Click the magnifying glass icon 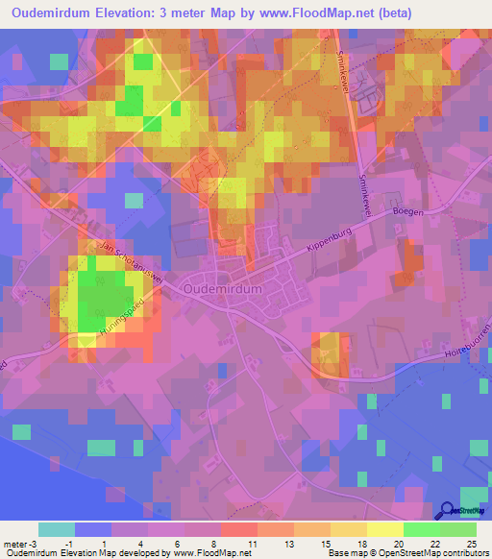448,511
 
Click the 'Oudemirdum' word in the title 51,13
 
